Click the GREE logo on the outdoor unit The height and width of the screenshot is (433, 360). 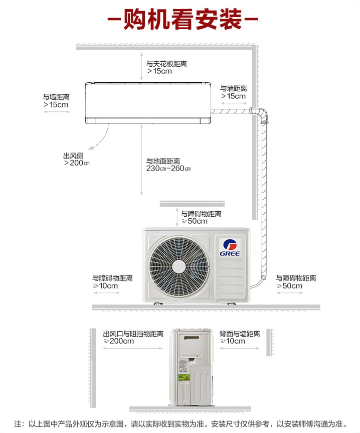pyautogui.click(x=230, y=248)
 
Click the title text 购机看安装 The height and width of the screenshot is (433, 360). pyautogui.click(x=183, y=19)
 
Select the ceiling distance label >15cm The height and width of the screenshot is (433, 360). pyautogui.click(x=159, y=71)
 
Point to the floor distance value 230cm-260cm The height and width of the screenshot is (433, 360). pyautogui.click(x=168, y=169)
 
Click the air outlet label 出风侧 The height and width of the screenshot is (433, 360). pyautogui.click(x=73, y=156)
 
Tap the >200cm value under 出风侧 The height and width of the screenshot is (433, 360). pyautogui.click(x=77, y=163)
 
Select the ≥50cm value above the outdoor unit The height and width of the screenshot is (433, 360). pyautogui.click(x=195, y=221)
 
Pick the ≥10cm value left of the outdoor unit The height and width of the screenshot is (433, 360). pyautogui.click(x=105, y=286)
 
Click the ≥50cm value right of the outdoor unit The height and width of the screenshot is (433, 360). pyautogui.click(x=289, y=286)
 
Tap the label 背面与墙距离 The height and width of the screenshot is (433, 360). pyautogui.click(x=240, y=334)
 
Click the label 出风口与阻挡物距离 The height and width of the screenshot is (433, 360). pyautogui.click(x=133, y=334)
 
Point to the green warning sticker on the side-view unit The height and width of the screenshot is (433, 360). pyautogui.click(x=184, y=377)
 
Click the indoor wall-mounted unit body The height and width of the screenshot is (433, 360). pyautogui.click(x=148, y=103)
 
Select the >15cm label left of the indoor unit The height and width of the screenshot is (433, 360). pyautogui.click(x=56, y=105)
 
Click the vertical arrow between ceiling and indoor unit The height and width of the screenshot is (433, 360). pyautogui.click(x=141, y=66)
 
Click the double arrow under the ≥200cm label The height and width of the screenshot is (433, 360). pyautogui.click(x=133, y=348)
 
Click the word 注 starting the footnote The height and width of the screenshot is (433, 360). pyautogui.click(x=18, y=424)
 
